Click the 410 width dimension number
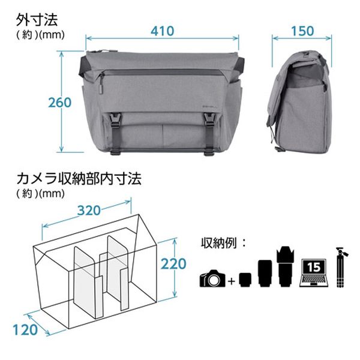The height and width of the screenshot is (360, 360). coord(163,31)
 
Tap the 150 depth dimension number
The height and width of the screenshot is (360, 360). coord(302,31)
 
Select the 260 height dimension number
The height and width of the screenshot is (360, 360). coord(59,103)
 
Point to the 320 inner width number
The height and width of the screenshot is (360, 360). coord(89,211)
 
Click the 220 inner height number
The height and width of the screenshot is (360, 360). coord(173,264)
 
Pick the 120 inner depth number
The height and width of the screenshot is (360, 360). coord(25,330)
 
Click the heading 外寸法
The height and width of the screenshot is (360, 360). coord(37,20)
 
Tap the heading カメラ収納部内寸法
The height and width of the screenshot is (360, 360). coord(79,179)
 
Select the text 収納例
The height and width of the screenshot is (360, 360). coord(218,243)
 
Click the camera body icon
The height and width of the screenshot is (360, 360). coord(212,278)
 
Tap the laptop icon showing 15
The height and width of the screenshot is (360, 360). coord(314,273)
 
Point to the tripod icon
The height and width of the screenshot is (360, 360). coord(341,267)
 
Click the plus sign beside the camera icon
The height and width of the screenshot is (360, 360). coord(232,281)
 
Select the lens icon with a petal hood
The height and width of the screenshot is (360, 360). coord(286,267)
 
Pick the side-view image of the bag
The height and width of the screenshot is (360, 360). coord(296,103)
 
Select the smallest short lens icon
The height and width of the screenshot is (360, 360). coord(245,280)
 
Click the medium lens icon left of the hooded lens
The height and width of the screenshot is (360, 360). coord(265,274)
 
